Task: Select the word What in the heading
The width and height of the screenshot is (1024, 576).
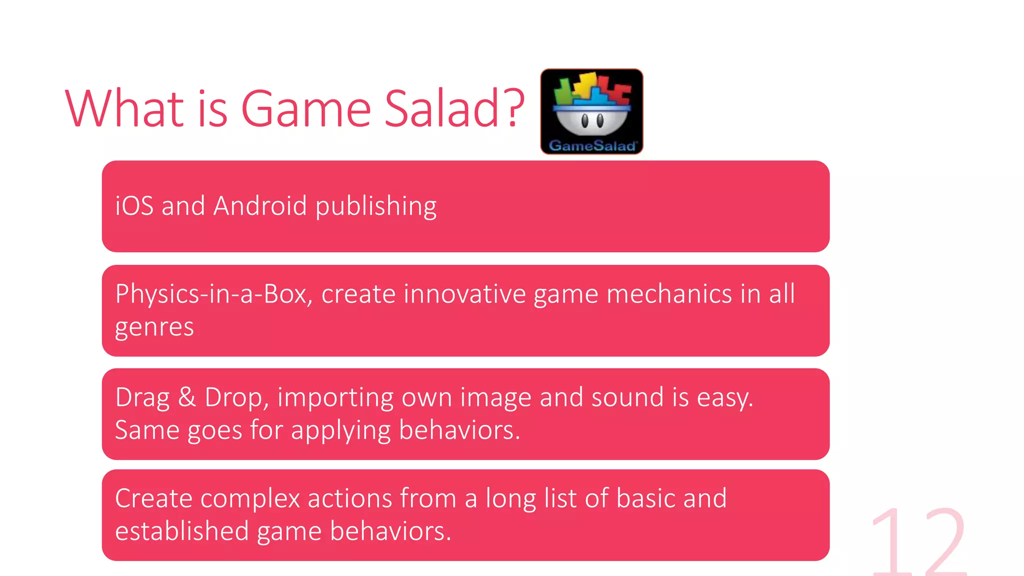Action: click(125, 108)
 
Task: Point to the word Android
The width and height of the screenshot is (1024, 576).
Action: click(259, 206)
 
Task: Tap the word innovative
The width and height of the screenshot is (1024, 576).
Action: click(464, 294)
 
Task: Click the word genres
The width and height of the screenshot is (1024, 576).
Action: click(154, 328)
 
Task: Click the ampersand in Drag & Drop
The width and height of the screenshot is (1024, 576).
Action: click(187, 397)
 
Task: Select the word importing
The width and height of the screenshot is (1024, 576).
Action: click(335, 398)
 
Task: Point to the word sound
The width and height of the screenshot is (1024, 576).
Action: click(627, 397)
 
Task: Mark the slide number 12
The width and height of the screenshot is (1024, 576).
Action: click(919, 542)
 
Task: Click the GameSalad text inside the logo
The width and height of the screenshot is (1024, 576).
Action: click(592, 146)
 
